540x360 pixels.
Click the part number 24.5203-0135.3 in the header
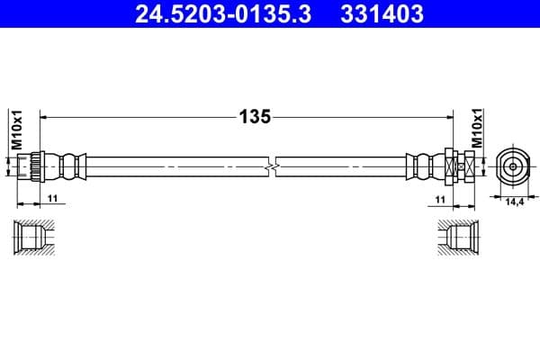click(225, 14)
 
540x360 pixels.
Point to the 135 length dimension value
click(254, 117)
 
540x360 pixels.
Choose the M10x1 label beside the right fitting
click(478, 131)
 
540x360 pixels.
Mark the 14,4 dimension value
click(515, 202)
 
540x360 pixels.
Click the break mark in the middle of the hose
click(271, 166)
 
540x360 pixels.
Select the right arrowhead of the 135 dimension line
click(446, 117)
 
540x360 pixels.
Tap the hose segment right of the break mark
click(342, 166)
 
